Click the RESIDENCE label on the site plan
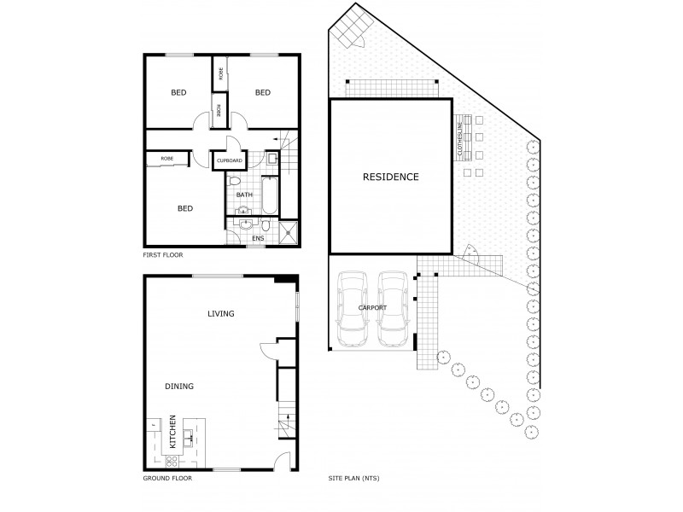point(391,177)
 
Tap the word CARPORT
point(374,307)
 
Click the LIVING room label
point(220,314)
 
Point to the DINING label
point(179,387)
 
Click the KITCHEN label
point(172,432)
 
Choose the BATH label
point(244,195)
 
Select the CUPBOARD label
point(230,160)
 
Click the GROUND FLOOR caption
point(167,479)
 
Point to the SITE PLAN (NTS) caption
point(354,479)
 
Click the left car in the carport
point(353,309)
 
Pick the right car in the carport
point(394,309)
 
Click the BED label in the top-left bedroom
point(178,93)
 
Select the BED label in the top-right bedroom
point(262,93)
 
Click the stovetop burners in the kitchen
point(171,461)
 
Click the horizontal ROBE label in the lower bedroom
point(167,159)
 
